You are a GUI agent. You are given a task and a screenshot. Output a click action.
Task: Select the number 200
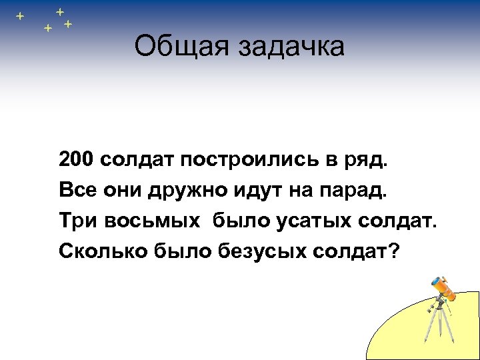(78, 161)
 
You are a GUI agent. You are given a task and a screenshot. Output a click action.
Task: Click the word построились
(254, 161)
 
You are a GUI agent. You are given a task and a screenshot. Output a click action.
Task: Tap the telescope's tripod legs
(438, 327)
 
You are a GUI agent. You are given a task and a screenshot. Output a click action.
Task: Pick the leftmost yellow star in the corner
(20, 15)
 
